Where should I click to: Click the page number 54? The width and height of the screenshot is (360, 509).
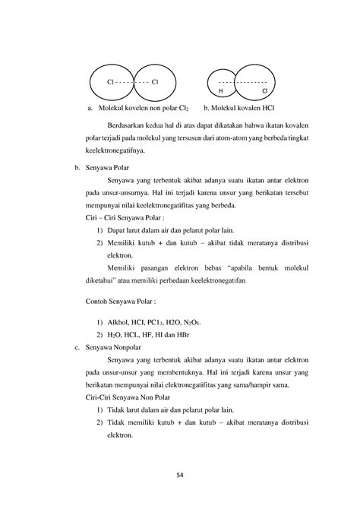coord(180,476)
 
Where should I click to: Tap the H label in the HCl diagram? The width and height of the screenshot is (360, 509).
coord(221,90)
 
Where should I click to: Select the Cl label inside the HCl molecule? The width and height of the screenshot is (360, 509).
coord(264,90)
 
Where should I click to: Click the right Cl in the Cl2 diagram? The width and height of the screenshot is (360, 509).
coord(155,81)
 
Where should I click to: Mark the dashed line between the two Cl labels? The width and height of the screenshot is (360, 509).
coord(132,81)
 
